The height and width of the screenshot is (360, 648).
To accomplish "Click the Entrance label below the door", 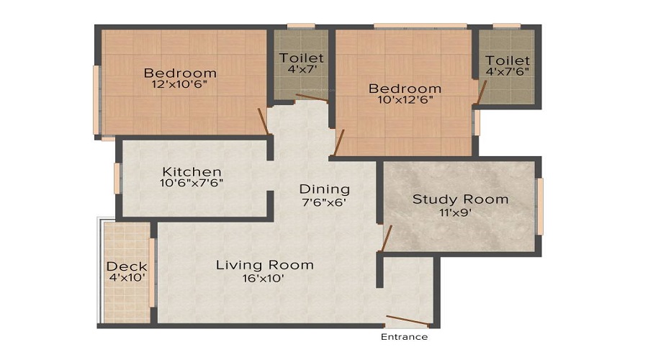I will coord(404,337).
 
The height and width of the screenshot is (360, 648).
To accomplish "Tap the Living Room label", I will coord(265,265).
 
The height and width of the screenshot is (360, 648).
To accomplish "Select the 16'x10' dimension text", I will coord(265,279).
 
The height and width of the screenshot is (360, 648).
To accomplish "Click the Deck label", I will coord(127,266).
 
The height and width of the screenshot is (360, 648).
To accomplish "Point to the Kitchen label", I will coord(192,171).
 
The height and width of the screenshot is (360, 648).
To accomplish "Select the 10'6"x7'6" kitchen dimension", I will coord(192,183).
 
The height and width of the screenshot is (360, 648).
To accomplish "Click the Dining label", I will coord(325,189).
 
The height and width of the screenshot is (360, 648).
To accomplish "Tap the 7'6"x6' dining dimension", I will coord(325,202).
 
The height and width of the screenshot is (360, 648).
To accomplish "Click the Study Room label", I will coord(460,199).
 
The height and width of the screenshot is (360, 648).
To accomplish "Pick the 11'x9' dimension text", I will coord(460,212).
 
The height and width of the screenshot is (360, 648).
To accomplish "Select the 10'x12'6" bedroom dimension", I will coord(405,101).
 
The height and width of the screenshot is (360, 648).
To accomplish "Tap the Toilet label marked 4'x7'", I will coord(302,58).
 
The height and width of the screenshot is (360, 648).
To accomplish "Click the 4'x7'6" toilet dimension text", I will coord(508,73).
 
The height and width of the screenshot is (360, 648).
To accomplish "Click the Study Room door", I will coord(386,238).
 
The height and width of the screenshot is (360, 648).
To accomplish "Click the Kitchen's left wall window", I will coord(117,179).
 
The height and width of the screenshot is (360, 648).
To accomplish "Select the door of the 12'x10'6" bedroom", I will coord(264,121).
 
